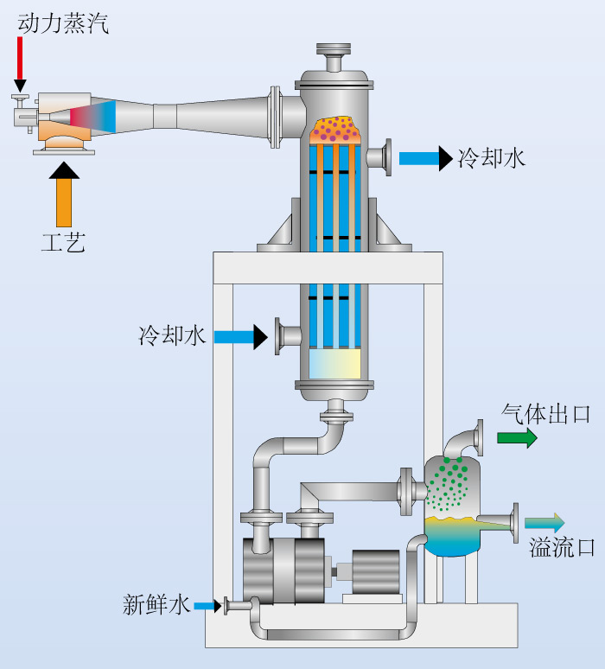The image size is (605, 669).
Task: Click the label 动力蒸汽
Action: [63, 23]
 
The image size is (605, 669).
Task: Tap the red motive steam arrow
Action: [20, 65]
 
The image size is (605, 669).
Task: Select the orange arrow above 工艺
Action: [64, 194]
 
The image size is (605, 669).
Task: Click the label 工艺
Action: [64, 242]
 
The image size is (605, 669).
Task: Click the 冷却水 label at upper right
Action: [492, 158]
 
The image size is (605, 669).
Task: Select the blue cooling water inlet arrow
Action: [240, 337]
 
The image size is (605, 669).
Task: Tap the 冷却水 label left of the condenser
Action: [172, 335]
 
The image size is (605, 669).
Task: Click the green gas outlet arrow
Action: [517, 437]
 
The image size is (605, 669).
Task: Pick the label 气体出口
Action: [545, 414]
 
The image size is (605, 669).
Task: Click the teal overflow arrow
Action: [544, 523]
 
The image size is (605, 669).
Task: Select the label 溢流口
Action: [562, 547]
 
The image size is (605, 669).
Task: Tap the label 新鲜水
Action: [156, 604]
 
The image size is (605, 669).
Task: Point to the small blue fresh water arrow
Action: [207, 606]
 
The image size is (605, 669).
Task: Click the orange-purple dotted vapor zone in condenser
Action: [336, 131]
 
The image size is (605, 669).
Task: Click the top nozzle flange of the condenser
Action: [334, 48]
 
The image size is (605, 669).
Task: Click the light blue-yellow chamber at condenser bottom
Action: [335, 364]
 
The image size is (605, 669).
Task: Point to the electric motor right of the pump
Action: [375, 572]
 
